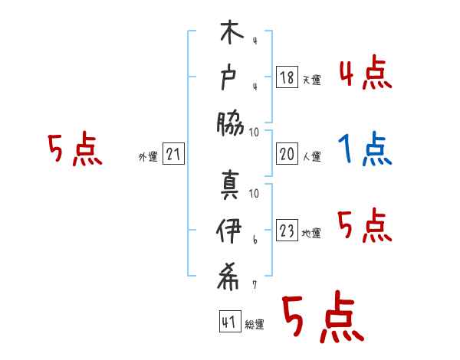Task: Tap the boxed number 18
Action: (287, 77)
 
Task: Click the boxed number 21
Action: (173, 155)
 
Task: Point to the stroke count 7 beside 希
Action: (254, 285)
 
